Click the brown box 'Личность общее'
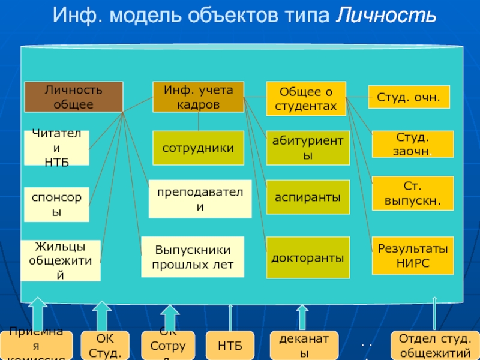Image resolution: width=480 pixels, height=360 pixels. (73, 97)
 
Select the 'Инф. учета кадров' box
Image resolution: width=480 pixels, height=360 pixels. (199, 97)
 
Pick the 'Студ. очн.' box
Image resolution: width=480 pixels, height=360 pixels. (408, 95)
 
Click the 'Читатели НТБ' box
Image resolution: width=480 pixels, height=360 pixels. (57, 148)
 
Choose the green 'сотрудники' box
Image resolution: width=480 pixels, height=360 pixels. (199, 148)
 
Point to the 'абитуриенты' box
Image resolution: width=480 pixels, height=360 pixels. (308, 148)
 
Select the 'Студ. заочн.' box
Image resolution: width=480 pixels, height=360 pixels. (413, 144)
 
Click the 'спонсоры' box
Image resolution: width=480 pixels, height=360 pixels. (57, 205)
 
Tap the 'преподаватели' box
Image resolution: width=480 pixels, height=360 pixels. (200, 199)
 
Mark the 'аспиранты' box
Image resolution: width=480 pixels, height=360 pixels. (308, 197)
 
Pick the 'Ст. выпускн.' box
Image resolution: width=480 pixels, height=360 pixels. (413, 193)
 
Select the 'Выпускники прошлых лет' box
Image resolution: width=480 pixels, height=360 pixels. (193, 257)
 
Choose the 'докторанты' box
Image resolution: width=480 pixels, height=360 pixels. (308, 257)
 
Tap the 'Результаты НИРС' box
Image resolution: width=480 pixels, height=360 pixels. (413, 255)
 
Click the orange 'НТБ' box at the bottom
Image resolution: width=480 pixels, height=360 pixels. (230, 346)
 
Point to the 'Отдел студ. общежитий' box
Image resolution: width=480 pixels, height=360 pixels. (435, 346)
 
